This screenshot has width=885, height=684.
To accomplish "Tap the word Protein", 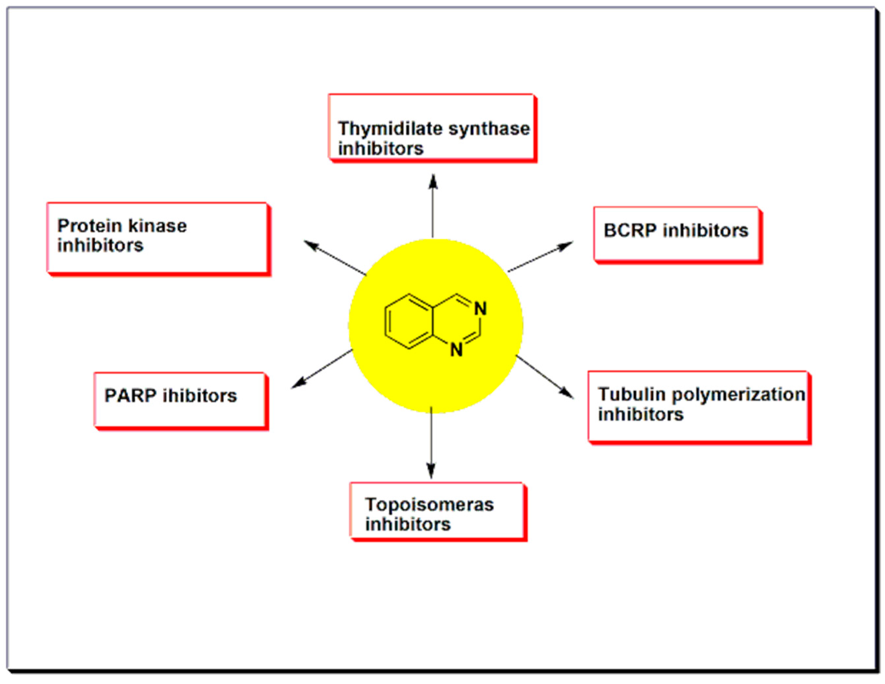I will click(x=89, y=226).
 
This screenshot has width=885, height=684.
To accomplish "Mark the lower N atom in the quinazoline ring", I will click(x=457, y=350).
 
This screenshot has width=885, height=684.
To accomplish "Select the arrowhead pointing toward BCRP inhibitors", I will click(x=566, y=245).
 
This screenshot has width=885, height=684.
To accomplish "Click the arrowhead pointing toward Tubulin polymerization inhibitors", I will click(x=567, y=393).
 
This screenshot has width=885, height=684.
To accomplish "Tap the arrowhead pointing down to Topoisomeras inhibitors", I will click(x=431, y=471).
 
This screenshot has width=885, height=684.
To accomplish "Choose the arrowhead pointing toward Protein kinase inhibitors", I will click(x=310, y=244).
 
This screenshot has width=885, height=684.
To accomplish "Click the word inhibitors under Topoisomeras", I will click(x=408, y=525).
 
